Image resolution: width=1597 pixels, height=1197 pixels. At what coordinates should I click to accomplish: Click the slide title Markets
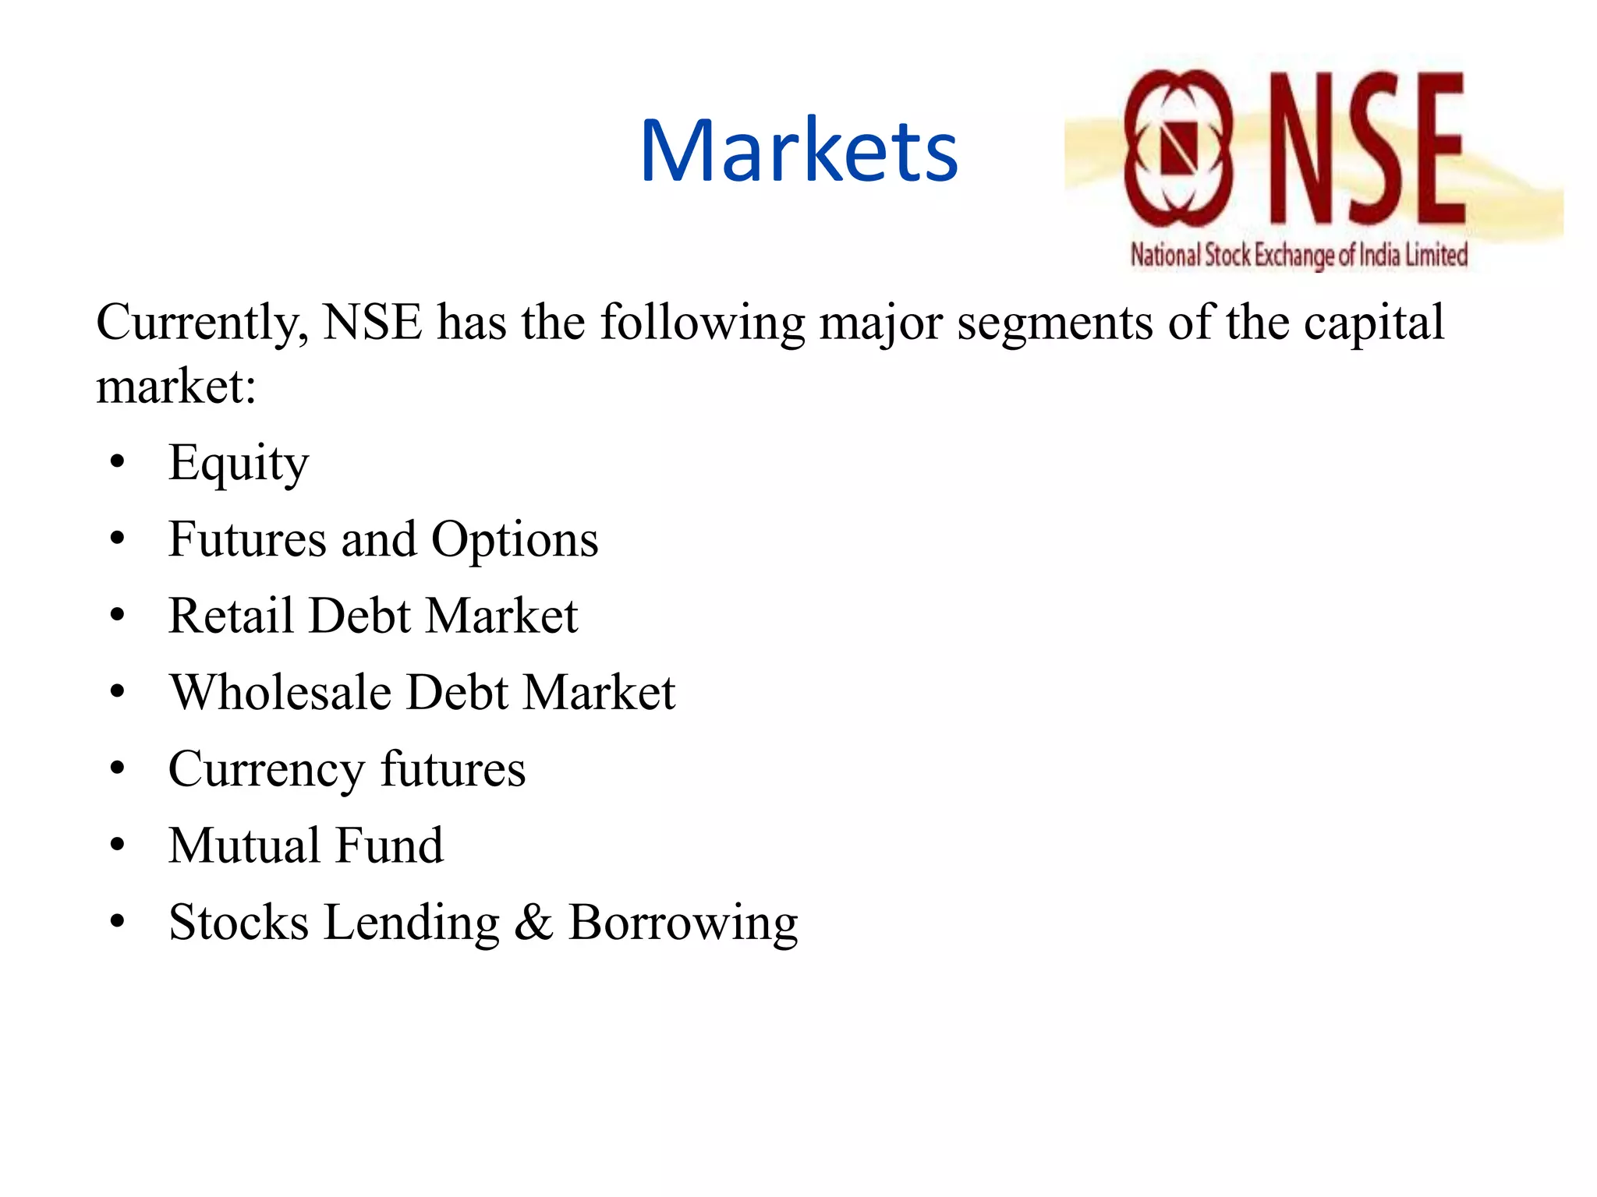point(798,150)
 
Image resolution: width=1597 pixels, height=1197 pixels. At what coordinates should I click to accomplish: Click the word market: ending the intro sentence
point(176,387)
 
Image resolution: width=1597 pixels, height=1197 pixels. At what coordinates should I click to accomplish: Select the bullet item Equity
point(239,463)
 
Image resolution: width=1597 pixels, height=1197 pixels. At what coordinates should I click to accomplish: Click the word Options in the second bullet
point(515,539)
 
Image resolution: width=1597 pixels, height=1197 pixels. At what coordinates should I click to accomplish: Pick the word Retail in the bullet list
point(231,616)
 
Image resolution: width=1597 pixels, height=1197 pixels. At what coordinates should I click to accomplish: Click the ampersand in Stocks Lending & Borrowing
point(533,923)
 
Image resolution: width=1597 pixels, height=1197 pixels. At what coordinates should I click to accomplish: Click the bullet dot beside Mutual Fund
point(118,844)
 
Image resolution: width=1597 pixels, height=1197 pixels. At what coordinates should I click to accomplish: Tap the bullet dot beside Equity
point(118,461)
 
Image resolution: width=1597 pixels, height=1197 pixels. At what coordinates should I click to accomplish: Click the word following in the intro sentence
point(703,323)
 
